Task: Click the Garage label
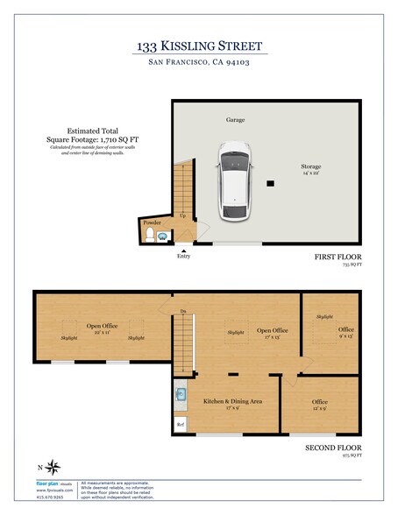click(x=235, y=120)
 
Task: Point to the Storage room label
click(x=310, y=166)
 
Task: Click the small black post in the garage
click(x=271, y=183)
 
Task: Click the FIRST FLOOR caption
click(x=338, y=257)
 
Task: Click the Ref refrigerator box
click(x=181, y=425)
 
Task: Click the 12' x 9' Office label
click(x=320, y=405)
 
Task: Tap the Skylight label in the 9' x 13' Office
click(x=324, y=316)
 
